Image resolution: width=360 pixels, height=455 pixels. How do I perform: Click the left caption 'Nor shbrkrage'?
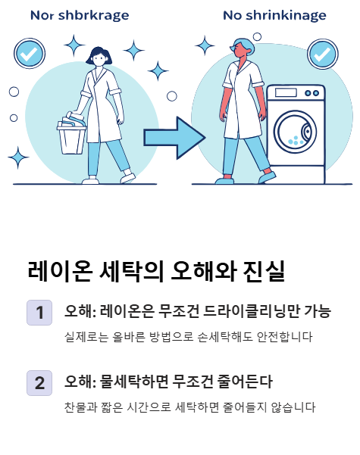tap(79, 15)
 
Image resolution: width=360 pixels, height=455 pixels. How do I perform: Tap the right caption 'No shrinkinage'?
tap(274, 15)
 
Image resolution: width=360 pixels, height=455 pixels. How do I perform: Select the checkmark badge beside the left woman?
tap(29, 54)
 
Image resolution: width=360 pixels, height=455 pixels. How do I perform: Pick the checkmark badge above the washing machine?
tap(322, 55)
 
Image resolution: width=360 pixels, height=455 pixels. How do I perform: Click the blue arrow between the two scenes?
tap(174, 137)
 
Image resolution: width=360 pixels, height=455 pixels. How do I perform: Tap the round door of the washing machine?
tap(295, 130)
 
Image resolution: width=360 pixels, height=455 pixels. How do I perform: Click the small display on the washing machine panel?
tap(286, 93)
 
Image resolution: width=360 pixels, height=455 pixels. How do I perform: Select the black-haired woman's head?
tap(99, 57)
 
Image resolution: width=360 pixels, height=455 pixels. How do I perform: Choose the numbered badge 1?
tap(39, 312)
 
